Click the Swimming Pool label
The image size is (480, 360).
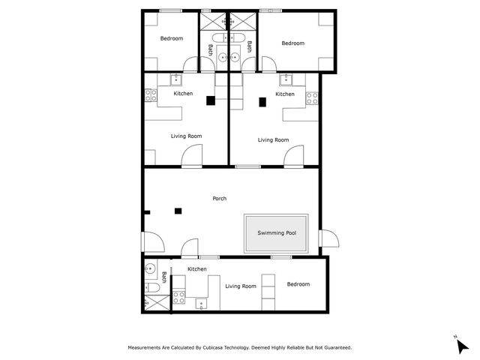pos(277,233)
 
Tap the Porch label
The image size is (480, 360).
pos(220,198)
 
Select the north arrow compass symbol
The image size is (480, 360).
pos(462,346)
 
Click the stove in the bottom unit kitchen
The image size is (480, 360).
pos(178,297)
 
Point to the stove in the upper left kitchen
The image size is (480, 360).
pos(151,95)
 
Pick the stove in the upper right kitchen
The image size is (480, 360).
pos(312,98)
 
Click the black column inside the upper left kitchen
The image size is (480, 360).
pos(211,100)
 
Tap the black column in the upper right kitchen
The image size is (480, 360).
pos(262,102)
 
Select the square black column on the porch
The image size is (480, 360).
pos(178,211)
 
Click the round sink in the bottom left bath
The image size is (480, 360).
pos(150,269)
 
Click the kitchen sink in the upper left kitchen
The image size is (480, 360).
pos(176,79)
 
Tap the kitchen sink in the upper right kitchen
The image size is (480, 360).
pos(286,79)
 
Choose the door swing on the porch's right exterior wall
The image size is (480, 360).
pos(329,238)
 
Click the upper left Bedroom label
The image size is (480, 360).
pos(172,38)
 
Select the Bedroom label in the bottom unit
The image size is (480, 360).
pos(298,284)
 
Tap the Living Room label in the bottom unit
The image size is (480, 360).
pos(241,286)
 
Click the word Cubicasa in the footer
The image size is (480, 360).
pos(213,347)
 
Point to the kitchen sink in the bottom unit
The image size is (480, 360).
pos(201,304)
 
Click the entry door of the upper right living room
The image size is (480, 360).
pos(293,156)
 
